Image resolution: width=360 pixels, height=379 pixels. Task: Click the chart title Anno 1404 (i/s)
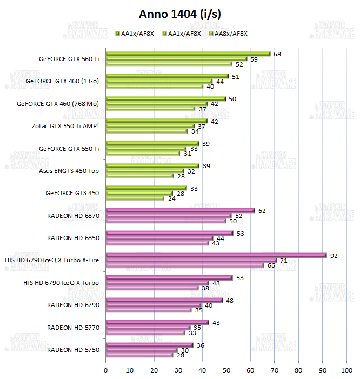point(179,13)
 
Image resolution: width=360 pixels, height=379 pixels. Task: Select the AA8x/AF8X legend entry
point(231,34)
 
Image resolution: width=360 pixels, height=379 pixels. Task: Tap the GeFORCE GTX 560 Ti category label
point(69,59)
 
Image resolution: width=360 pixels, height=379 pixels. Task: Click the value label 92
point(334,255)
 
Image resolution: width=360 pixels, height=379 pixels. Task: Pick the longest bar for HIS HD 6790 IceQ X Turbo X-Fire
point(216,255)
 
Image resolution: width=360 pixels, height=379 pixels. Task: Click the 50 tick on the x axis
point(226,370)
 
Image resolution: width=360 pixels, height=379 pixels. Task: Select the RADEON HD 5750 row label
point(73,350)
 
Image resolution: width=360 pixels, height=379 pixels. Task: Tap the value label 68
point(277,54)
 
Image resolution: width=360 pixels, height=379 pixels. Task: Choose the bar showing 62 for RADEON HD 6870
point(180,210)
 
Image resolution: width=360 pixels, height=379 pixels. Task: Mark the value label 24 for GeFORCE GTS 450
point(171,198)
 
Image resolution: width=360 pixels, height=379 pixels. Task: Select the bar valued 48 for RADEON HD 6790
point(164,300)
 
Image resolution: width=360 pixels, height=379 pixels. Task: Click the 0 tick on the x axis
point(106,370)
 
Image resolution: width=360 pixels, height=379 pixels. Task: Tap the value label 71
point(284,261)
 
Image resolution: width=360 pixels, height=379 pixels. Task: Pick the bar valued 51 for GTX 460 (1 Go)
point(167,76)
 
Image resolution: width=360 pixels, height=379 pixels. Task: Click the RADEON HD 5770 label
point(73,327)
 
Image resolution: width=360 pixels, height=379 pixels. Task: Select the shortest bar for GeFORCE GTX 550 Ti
point(143,154)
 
